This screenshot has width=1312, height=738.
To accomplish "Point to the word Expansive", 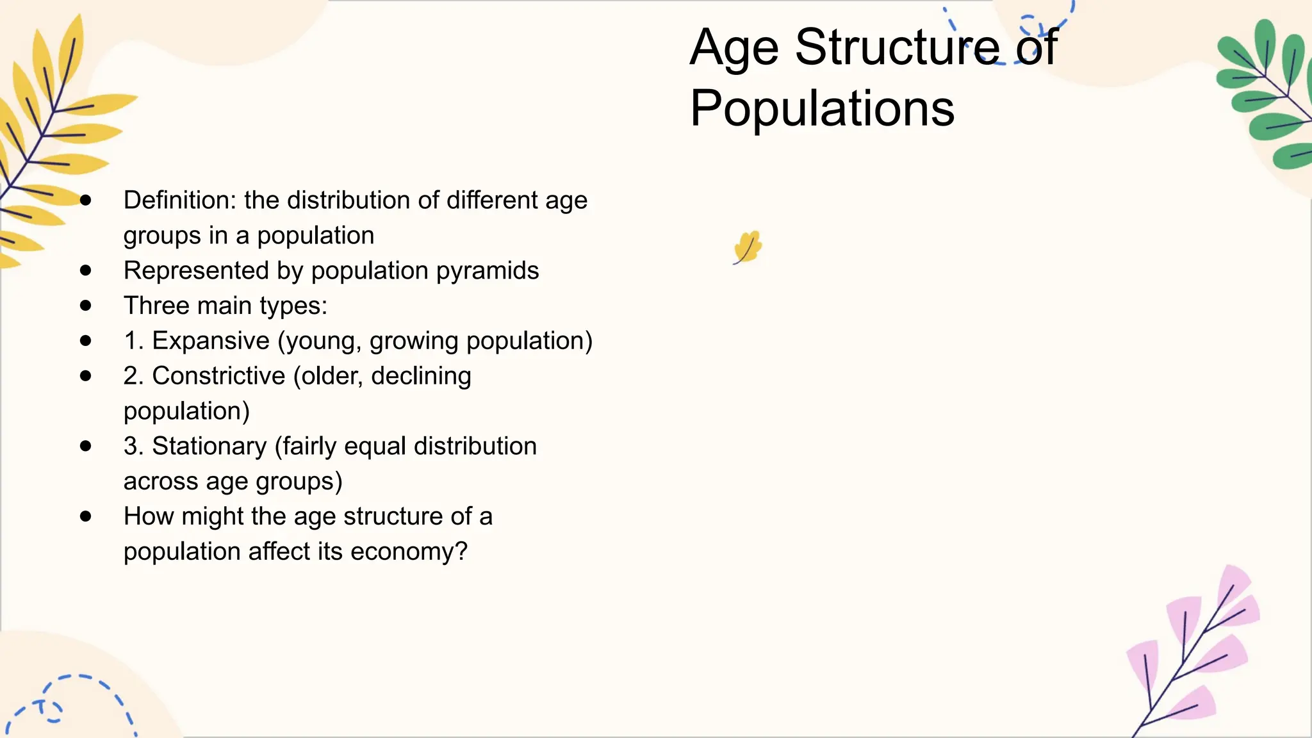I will coord(211,341).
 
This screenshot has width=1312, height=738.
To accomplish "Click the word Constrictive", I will coord(218,376).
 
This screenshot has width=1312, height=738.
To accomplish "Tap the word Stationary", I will coord(209,447).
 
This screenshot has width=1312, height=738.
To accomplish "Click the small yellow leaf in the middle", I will coord(748,247).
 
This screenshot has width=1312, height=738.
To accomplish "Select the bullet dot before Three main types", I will coord(86,306).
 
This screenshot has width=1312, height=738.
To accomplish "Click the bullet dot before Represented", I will coord(86,270).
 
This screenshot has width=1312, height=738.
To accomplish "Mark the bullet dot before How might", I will coord(86,516).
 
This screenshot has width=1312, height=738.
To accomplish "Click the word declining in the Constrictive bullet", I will coord(421,376).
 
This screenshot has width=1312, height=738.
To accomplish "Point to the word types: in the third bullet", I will coord(299,306).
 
